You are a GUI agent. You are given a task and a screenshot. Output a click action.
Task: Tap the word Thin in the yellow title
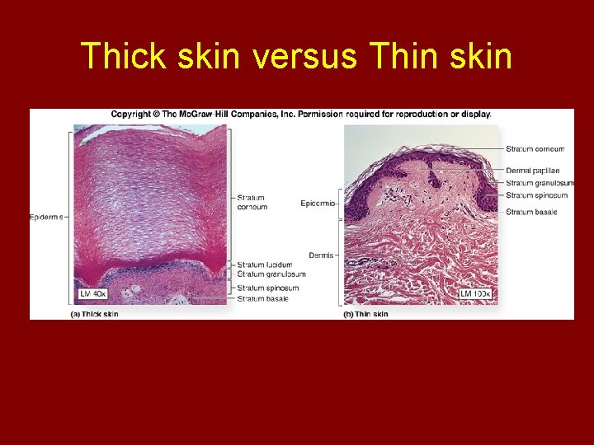tap(403, 56)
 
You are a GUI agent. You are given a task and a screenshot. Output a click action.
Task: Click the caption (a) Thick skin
tap(95, 314)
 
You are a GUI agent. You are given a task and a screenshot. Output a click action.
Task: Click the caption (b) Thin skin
tap(365, 314)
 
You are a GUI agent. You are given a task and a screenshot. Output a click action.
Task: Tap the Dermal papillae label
tap(532, 171)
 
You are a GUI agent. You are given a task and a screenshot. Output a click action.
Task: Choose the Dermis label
tap(321, 255)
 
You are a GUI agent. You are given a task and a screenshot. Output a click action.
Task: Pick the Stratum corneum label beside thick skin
tap(252, 203)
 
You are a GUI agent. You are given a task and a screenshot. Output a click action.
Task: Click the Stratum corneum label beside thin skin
tap(535, 149)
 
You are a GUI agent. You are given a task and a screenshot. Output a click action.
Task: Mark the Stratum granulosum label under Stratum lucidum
tap(271, 274)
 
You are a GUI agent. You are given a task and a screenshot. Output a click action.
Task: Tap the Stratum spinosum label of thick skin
tap(267, 288)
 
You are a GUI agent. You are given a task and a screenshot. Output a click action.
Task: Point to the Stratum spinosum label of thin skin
tap(536, 195)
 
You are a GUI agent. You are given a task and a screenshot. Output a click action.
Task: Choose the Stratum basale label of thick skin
tap(262, 298)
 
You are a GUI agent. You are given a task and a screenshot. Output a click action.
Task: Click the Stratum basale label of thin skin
tap(531, 213)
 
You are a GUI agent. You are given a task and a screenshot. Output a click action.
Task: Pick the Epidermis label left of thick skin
tap(47, 217)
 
